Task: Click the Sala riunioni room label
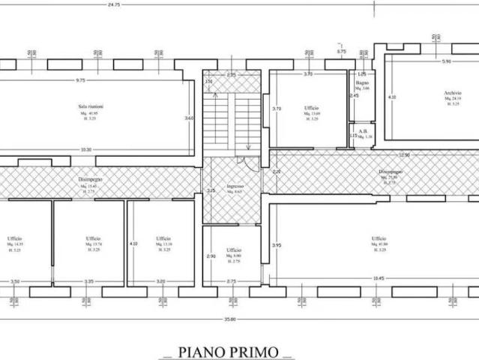pos(90,107)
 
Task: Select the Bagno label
pos(363,84)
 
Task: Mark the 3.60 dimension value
pos(190,118)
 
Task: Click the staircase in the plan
pos(232,120)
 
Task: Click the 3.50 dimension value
pos(14,281)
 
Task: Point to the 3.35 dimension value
pos(88,281)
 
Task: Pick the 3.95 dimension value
pos(277,245)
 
